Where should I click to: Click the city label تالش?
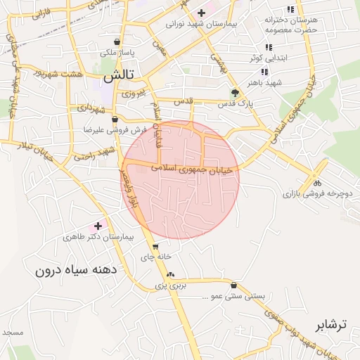click(x=123, y=74)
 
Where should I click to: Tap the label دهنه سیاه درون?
click(x=77, y=269)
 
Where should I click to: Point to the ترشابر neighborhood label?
click(x=330, y=326)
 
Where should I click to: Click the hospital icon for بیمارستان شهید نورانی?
click(x=201, y=12)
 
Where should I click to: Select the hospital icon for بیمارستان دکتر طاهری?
click(x=98, y=226)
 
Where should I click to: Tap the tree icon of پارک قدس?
click(x=235, y=92)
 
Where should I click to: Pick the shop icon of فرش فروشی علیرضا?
click(x=115, y=120)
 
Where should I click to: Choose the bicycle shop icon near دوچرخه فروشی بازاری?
click(x=316, y=182)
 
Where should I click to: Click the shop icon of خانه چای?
click(x=155, y=246)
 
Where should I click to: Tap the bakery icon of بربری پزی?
click(x=172, y=274)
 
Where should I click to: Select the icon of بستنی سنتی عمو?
click(x=233, y=285)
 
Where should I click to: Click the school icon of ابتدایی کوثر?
click(x=269, y=47)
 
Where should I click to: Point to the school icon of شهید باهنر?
click(x=264, y=72)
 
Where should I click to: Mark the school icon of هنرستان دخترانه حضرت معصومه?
click(x=290, y=10)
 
